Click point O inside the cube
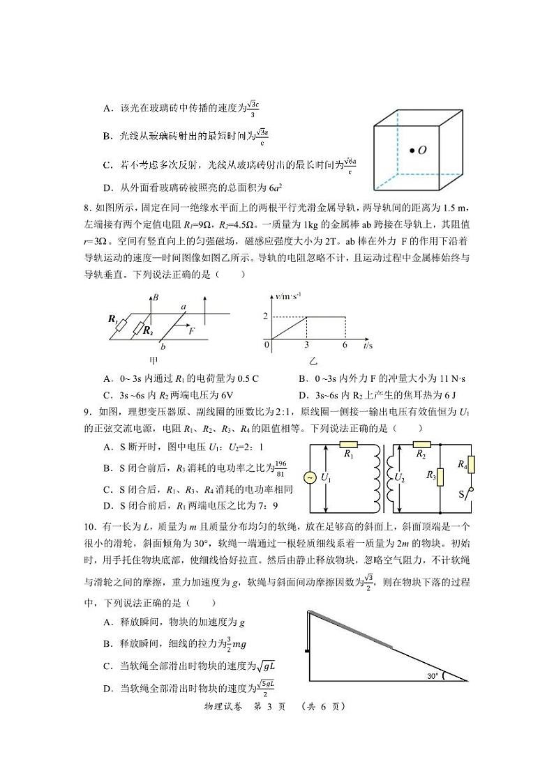pos(412,150)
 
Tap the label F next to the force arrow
pos(191,331)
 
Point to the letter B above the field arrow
pos(156,298)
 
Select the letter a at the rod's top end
pos(184,306)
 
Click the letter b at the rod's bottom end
pos(163,346)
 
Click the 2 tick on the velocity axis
pos(265,317)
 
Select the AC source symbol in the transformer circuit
pos(307,477)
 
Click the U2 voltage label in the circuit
pos(400,477)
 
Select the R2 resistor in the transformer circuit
pos(421,444)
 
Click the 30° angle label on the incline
pos(435,675)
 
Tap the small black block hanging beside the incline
pos(306,652)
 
